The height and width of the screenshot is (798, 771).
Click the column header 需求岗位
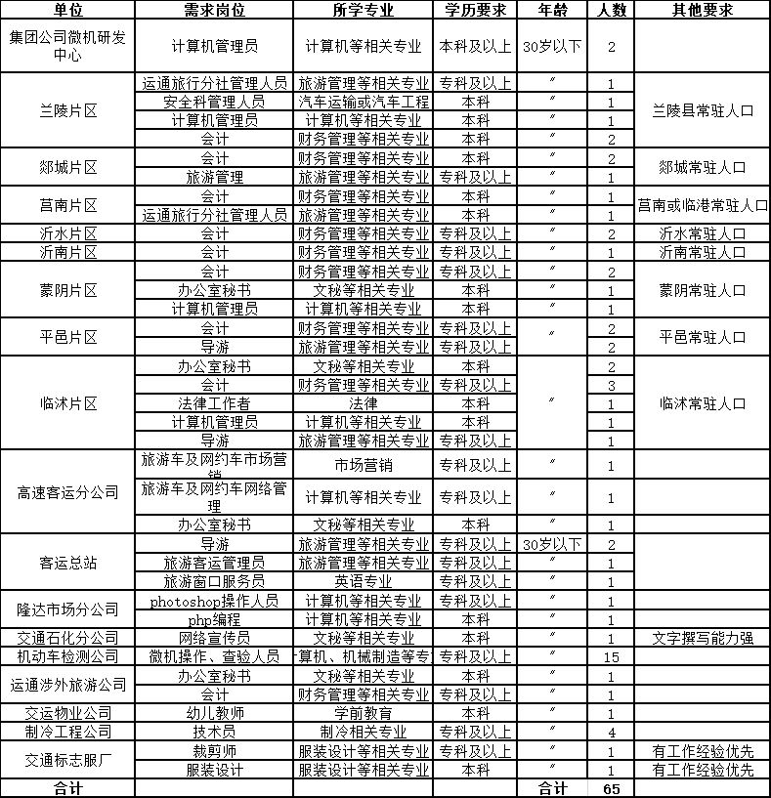214,10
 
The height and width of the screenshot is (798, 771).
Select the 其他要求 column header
702,10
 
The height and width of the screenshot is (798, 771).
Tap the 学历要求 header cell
474,10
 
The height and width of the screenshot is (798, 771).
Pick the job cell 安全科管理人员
214,102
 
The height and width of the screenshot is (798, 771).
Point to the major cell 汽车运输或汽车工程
363,102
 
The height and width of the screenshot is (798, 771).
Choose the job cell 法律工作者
214,403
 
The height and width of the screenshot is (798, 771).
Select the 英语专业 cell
363,581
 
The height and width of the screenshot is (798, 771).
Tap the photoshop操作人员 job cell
214,601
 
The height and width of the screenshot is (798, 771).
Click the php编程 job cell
214,619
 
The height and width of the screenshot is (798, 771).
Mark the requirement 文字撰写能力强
702,638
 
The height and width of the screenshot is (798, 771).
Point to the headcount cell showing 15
612,656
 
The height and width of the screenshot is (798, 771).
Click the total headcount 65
612,788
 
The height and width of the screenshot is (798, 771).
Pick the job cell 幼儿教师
214,713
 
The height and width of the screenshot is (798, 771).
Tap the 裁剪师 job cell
214,751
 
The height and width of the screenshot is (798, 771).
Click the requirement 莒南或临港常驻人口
702,205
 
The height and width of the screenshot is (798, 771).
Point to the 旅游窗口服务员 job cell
214,581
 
